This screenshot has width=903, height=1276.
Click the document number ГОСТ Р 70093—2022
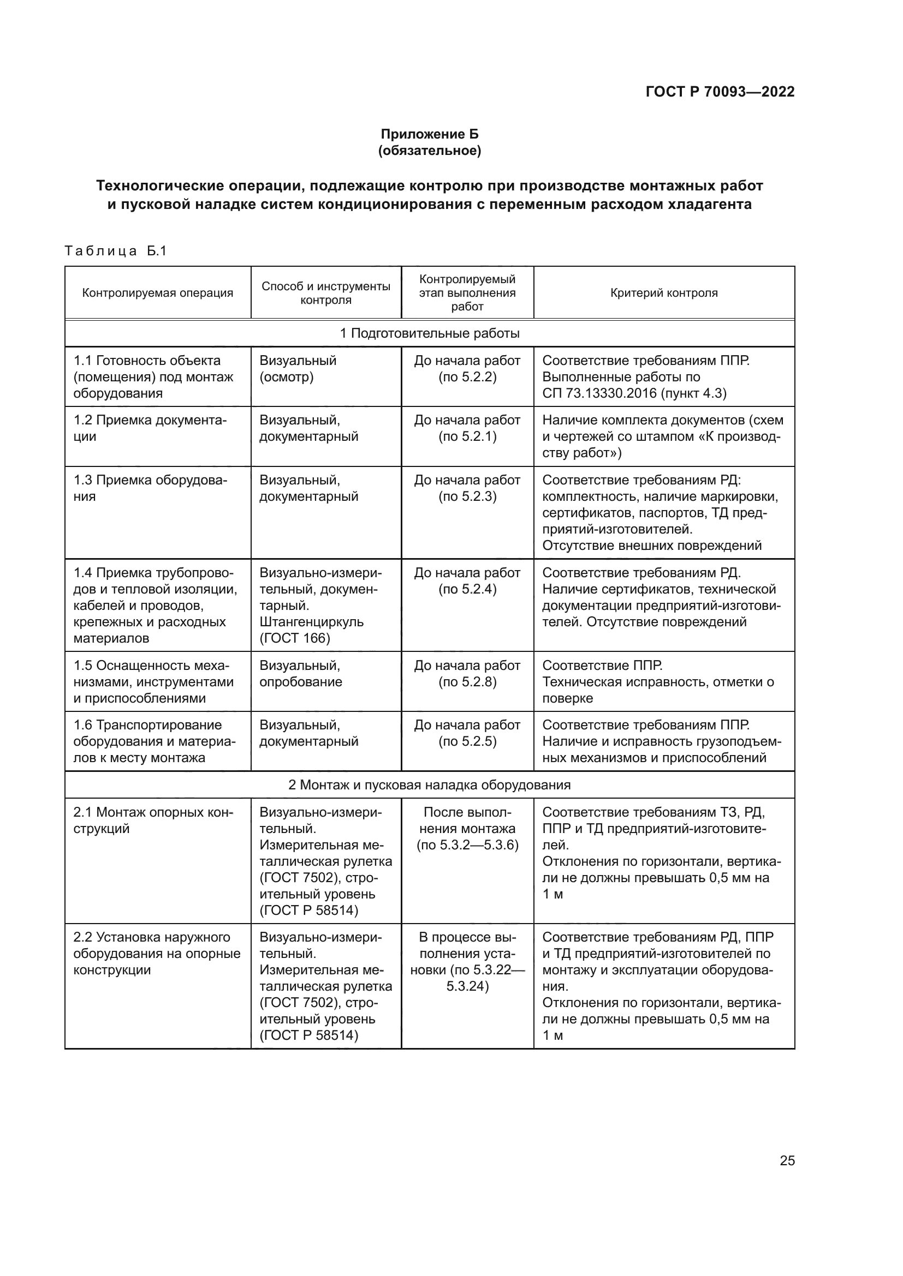point(720,92)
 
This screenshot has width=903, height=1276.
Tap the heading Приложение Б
point(429,134)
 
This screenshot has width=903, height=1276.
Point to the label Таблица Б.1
point(116,250)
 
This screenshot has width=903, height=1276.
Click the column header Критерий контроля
point(663,293)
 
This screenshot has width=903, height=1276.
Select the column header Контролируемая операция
point(157,293)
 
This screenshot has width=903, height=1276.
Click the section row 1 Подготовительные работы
point(429,333)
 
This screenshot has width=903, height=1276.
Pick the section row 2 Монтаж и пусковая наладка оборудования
point(429,784)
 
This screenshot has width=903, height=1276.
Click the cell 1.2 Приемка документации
point(150,428)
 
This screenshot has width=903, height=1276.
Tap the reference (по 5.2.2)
point(467,377)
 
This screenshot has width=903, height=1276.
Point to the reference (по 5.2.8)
point(467,682)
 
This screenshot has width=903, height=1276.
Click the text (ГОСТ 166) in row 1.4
point(295,638)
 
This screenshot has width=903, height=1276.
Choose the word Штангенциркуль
point(311,622)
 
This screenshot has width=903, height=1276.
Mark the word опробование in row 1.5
point(300,682)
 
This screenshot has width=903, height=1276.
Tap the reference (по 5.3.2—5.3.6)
point(467,845)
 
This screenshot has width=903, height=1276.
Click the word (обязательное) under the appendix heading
point(429,151)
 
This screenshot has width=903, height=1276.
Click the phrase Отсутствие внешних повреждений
point(651,545)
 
